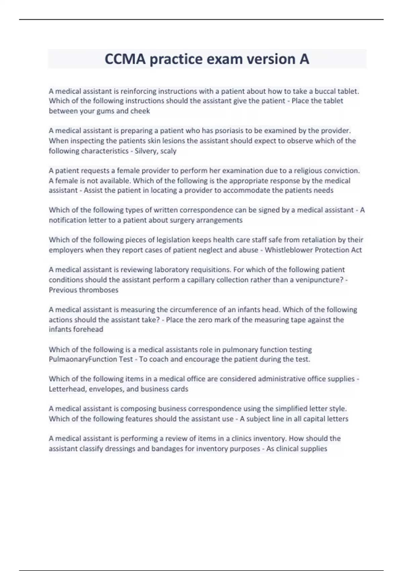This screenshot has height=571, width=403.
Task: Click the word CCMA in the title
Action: pyautogui.click(x=125, y=59)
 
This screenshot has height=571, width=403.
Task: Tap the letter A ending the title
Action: pyautogui.click(x=304, y=59)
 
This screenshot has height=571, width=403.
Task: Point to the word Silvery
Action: pyautogui.click(x=146, y=151)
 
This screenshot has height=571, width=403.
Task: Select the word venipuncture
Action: pyautogui.click(x=319, y=280)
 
